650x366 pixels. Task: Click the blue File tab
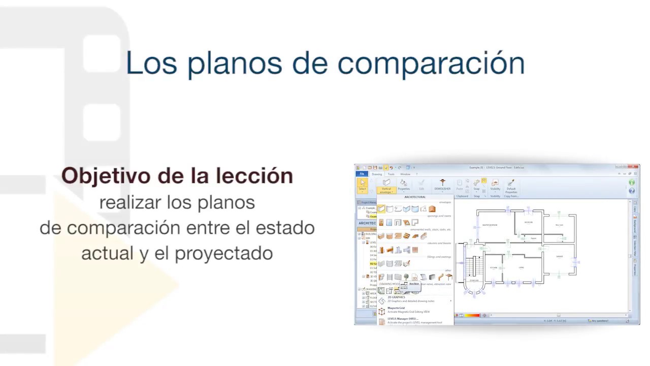(x=362, y=174)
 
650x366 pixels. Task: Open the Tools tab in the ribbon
(x=391, y=174)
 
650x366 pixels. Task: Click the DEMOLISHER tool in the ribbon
(x=442, y=185)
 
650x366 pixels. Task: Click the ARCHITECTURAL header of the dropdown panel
(x=415, y=197)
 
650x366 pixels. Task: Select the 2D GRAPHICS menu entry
(x=397, y=297)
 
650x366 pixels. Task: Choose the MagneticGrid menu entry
(x=397, y=308)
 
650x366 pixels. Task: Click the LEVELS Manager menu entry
(x=403, y=319)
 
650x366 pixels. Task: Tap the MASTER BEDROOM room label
(x=490, y=225)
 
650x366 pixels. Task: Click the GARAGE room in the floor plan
(x=560, y=256)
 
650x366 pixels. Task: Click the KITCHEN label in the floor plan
(x=493, y=267)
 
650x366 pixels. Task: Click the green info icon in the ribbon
(x=632, y=182)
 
